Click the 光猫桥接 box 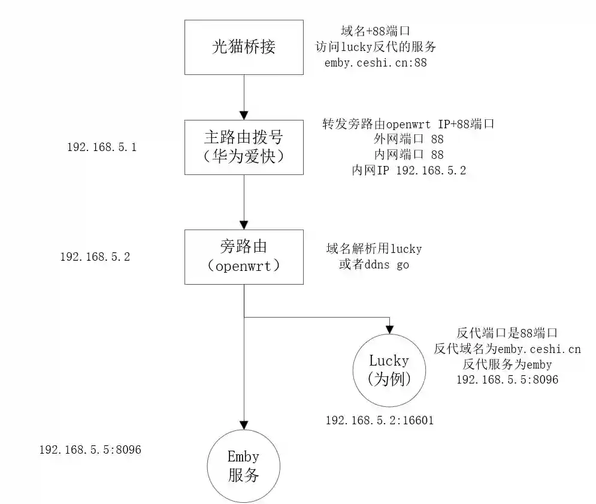point(244,47)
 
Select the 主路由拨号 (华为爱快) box point(244,147)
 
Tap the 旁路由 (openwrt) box point(244,256)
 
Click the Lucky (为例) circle point(389,370)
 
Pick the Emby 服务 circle point(243,466)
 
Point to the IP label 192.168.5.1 point(102,147)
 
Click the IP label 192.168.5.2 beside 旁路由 point(95,256)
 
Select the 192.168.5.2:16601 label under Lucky point(380,421)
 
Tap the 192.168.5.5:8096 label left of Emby point(90,449)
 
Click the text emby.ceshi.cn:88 point(376,62)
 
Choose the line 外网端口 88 point(408,139)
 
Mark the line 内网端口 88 point(408,155)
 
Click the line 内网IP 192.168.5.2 point(409,170)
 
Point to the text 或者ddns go point(374,264)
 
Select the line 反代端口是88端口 point(507,333)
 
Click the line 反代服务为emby point(507,364)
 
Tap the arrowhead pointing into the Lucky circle point(389,328)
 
